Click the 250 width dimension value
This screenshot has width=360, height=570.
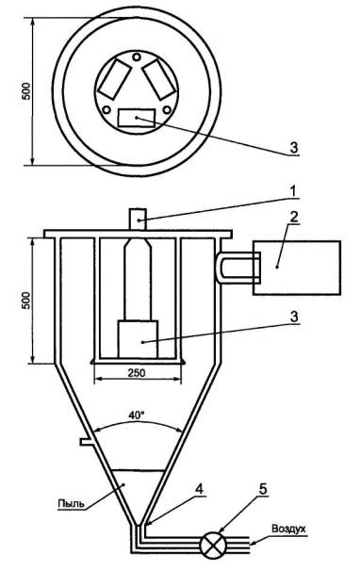137,373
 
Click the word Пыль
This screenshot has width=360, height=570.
72,503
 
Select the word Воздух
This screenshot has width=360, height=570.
288,529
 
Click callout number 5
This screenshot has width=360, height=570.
263,489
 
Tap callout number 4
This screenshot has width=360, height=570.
199,489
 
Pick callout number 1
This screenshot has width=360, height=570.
293,191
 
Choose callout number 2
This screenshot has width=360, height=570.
293,217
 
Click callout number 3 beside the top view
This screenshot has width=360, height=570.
294,147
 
